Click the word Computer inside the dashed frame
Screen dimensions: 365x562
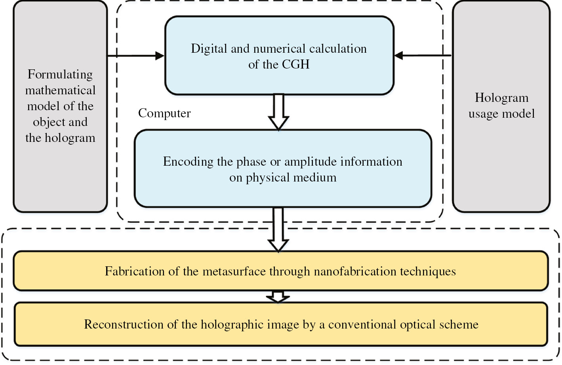tap(164, 113)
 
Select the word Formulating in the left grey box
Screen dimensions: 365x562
tap(60, 75)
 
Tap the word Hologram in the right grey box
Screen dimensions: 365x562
tap(501, 98)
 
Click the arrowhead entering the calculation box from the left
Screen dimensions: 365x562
tap(160, 56)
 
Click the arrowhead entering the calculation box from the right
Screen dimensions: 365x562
tap(398, 56)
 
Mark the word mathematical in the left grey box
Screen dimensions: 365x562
tap(60, 90)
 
